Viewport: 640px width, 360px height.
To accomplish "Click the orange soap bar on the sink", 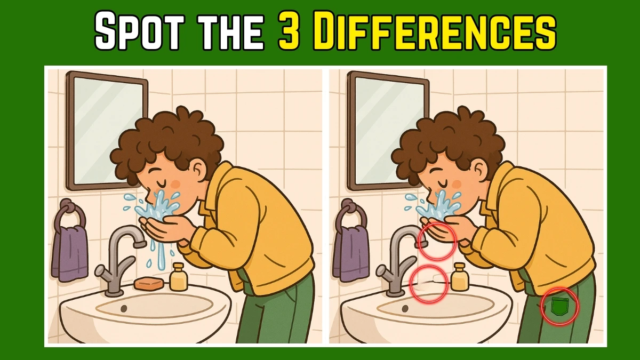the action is pos(149,283).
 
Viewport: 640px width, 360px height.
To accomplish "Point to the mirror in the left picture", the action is pos(107,131).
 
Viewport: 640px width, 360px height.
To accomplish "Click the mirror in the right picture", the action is pos(388,131).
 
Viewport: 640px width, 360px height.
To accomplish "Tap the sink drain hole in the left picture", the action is pos(124,308).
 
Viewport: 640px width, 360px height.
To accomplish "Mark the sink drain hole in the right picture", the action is pos(405,308).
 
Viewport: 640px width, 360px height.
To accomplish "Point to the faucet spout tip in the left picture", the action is pos(140,244).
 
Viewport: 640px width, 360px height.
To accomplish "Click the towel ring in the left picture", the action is pos(71,213).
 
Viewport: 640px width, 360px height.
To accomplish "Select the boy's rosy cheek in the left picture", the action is pos(175,184).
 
